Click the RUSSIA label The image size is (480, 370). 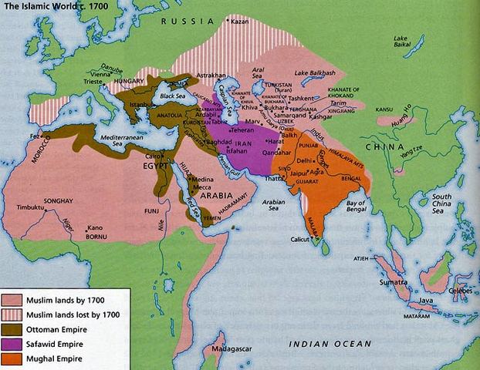(x=188, y=22)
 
